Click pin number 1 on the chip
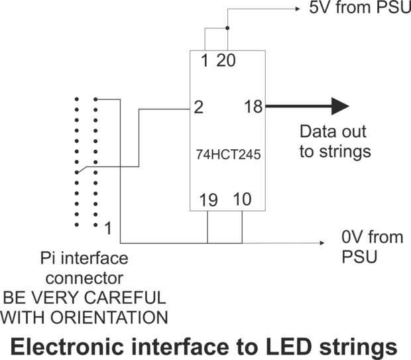pyautogui.click(x=204, y=61)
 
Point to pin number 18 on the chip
pyautogui.click(x=253, y=106)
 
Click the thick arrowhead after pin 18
pyautogui.click(x=339, y=106)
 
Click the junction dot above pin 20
pyautogui.click(x=227, y=29)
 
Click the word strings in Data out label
pyautogui.click(x=344, y=151)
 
